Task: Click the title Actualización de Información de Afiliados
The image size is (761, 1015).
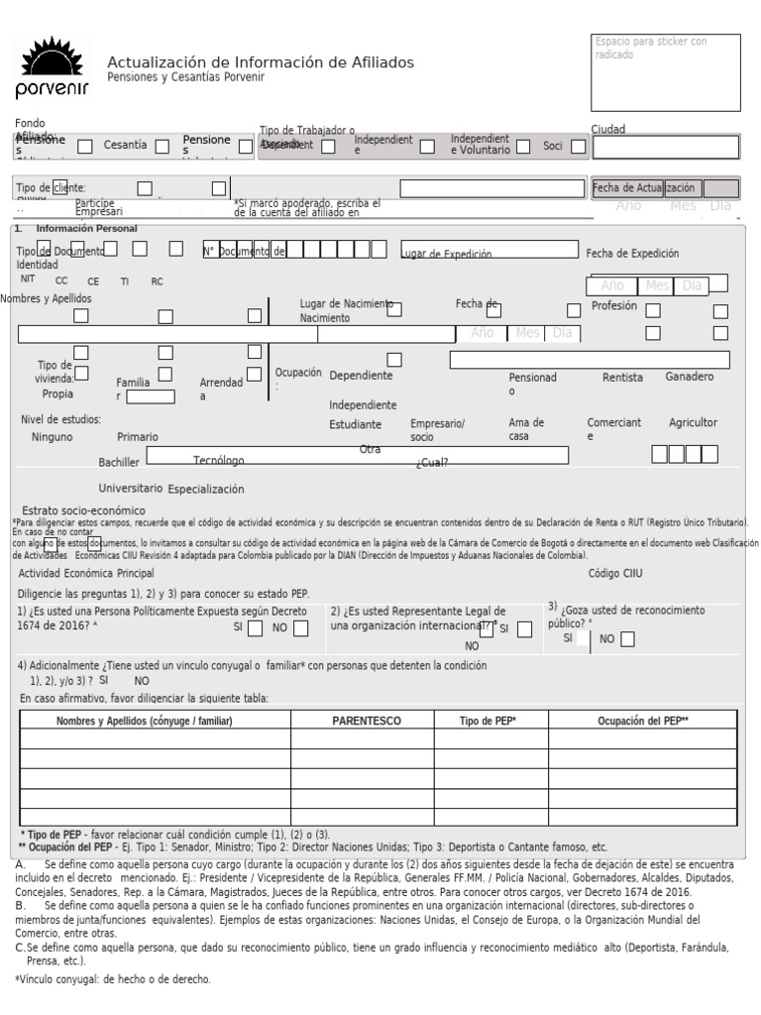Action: (261, 63)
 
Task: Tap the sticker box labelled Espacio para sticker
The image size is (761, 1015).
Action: (665, 72)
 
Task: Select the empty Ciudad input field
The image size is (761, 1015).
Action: (665, 148)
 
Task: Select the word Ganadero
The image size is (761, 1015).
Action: (689, 378)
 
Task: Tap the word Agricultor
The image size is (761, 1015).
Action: (693, 422)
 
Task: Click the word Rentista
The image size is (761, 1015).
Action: (622, 378)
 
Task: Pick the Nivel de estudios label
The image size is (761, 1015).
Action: (60, 419)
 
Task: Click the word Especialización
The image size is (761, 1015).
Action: (205, 490)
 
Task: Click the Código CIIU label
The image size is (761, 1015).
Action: (615, 574)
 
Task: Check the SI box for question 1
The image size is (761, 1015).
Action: (255, 627)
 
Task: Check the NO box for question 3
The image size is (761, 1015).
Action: (627, 639)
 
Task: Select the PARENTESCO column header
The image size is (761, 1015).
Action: (366, 721)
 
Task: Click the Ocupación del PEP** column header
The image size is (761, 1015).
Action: (643, 721)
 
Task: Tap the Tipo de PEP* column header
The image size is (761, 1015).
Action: (489, 721)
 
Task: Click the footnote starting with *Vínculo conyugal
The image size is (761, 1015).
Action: (112, 979)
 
